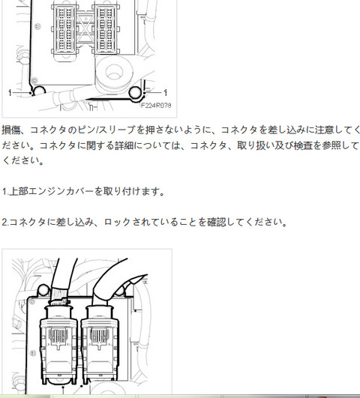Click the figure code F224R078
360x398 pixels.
(156, 105)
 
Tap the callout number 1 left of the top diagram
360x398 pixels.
(10, 93)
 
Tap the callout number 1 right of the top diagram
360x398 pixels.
(166, 92)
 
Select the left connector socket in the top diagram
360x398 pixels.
(64, 29)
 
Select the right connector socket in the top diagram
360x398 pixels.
(106, 28)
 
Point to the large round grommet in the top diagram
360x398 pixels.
(114, 73)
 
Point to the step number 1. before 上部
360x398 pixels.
(5, 191)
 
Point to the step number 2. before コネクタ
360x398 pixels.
(5, 223)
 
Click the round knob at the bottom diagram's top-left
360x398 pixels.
(43, 290)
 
